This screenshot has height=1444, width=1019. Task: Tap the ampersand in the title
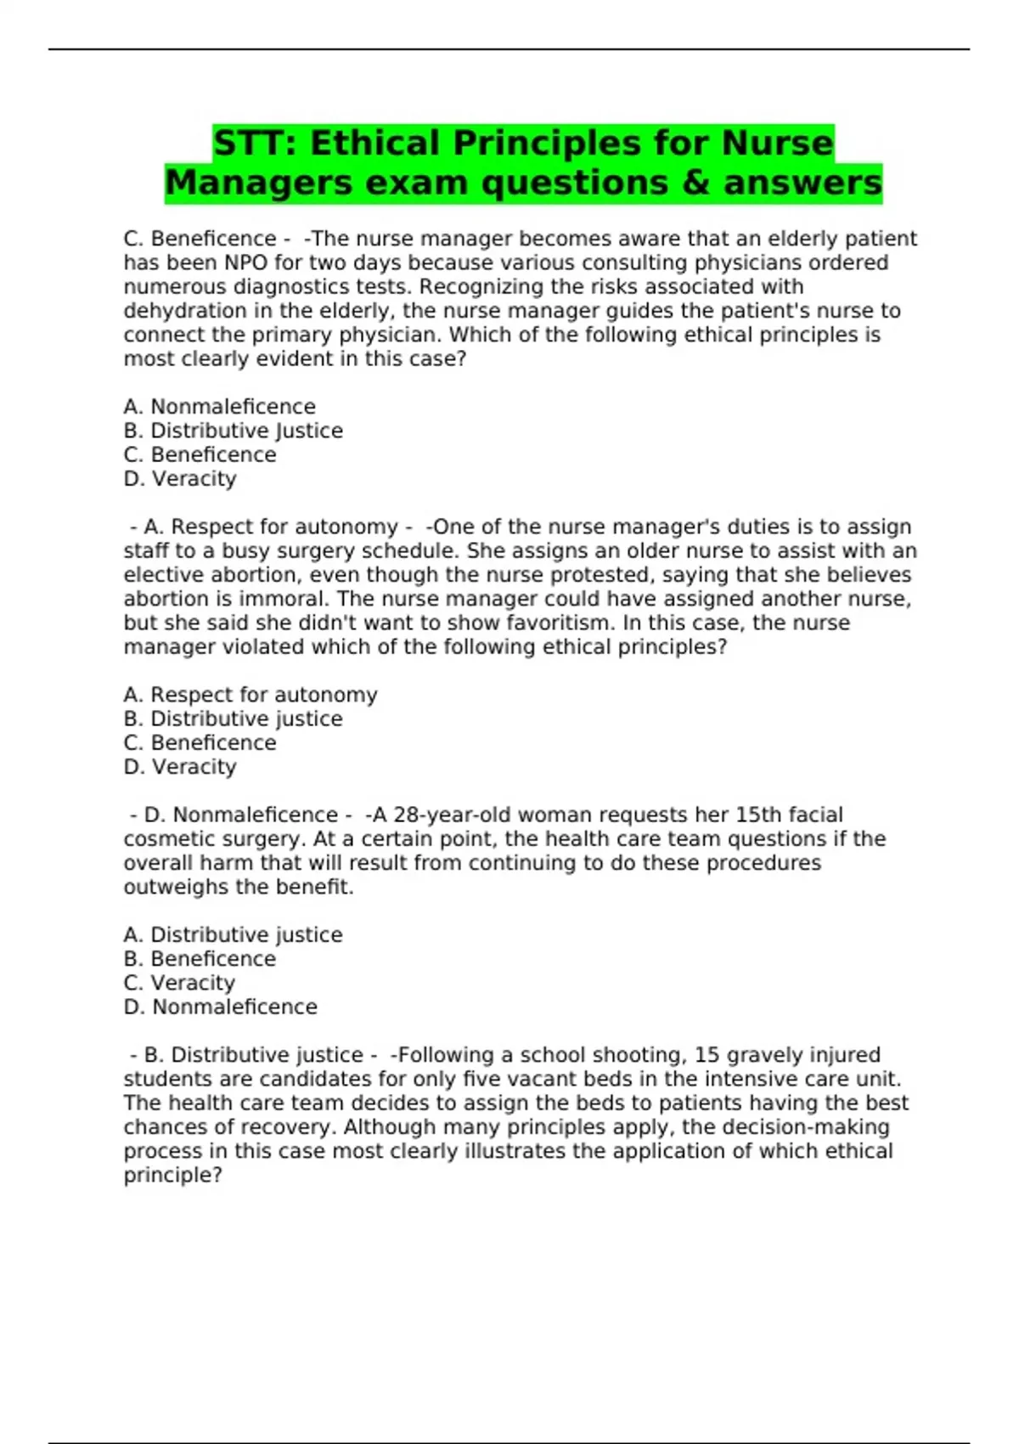click(x=695, y=183)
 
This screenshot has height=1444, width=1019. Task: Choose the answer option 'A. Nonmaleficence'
click(x=219, y=407)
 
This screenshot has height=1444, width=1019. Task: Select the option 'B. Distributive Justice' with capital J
click(x=233, y=431)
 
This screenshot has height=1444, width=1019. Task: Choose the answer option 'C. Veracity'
click(x=179, y=983)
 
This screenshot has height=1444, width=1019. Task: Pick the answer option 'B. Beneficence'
click(x=200, y=959)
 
